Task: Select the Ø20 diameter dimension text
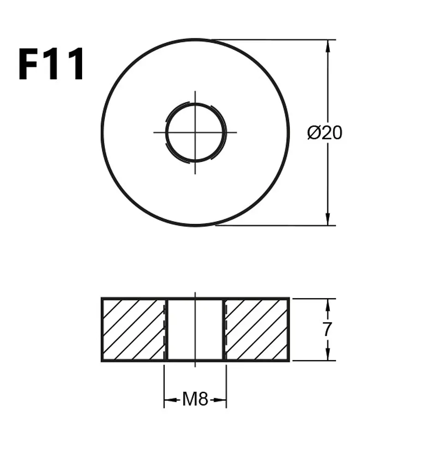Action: click(x=324, y=133)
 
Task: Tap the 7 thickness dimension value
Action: click(x=327, y=329)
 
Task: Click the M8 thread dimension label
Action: click(x=195, y=399)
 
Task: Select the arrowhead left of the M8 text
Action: click(x=170, y=400)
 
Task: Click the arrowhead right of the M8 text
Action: click(x=220, y=400)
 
